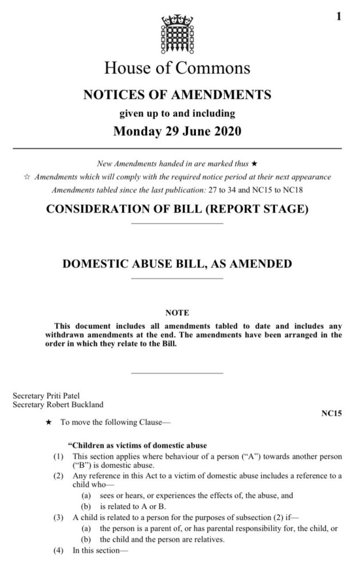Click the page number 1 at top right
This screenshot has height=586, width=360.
[x=339, y=17]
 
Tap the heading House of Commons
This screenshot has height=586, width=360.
[x=177, y=68]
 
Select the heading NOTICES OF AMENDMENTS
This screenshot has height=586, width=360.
[x=177, y=95]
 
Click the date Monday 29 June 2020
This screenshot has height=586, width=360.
[x=177, y=131]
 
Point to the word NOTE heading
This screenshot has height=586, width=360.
[x=177, y=313]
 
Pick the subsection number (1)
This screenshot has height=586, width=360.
[x=58, y=456]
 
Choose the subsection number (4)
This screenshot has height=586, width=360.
[x=58, y=553]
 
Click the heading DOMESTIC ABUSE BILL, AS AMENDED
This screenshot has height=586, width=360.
[x=177, y=264]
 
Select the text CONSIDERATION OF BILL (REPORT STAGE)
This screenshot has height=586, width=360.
[x=177, y=209]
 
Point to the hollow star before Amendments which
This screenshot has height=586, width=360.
[x=26, y=178]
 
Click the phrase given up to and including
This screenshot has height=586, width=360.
[x=177, y=113]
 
